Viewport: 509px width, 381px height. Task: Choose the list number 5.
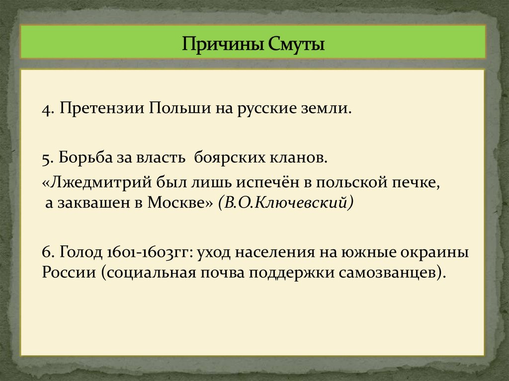pyautogui.click(x=48, y=158)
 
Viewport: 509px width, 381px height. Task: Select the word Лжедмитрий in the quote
pyautogui.click(x=95, y=182)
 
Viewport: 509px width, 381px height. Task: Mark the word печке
pyautogui.click(x=417, y=182)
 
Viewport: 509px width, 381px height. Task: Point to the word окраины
pyautogui.click(x=435, y=252)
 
